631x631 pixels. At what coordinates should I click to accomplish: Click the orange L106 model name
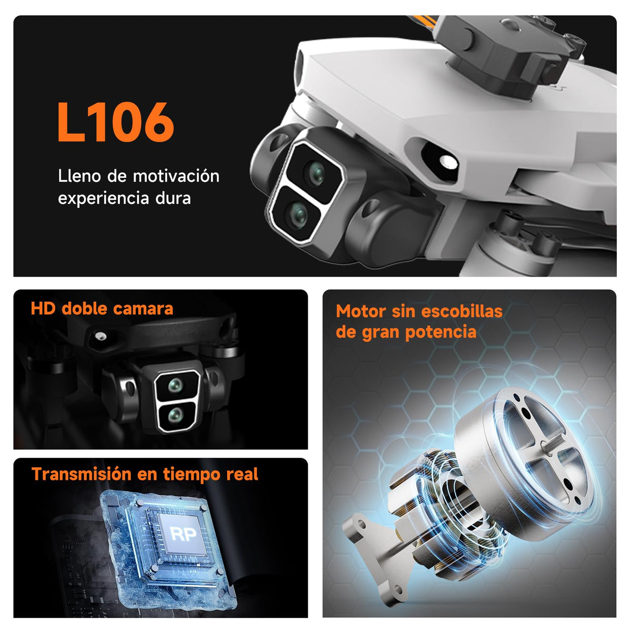pos(116,122)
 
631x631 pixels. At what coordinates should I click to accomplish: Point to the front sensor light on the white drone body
pos(449,162)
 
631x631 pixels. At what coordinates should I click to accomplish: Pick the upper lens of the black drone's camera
pos(176,385)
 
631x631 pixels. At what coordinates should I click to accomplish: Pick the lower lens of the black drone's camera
pos(175,415)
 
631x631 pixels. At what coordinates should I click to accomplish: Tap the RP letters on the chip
pos(184,534)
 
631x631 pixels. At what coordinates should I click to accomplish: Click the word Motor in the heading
pos(361,311)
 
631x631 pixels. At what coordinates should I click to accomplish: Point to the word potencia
pos(441,332)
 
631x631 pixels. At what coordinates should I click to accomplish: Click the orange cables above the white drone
pos(424,22)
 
